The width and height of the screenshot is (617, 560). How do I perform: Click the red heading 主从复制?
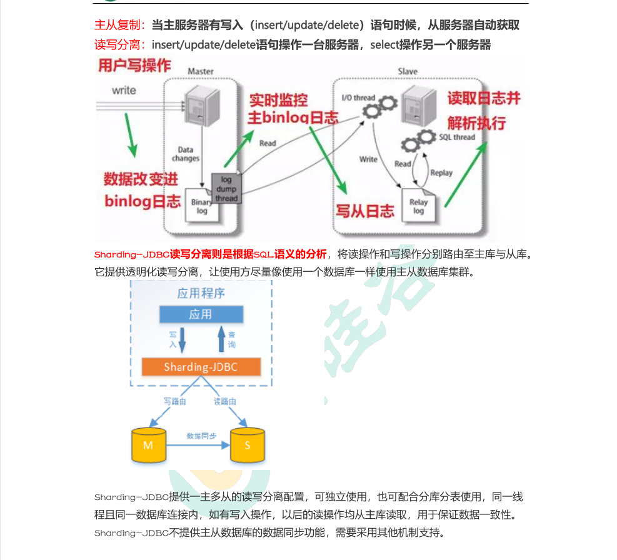coord(119,26)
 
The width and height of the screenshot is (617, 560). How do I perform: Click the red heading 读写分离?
coord(119,45)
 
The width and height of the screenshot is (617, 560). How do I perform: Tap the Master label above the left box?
coord(201,72)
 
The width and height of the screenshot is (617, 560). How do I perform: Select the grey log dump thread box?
coord(226,189)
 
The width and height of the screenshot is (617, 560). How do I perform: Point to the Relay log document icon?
coord(418,205)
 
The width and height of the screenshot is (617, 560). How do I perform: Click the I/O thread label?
coord(358,98)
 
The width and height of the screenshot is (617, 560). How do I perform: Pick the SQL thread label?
coord(457,137)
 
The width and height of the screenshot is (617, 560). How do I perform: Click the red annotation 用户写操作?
coord(134,66)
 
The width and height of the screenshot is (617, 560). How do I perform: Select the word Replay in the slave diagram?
coord(441,172)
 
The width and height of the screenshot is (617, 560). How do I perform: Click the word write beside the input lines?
coord(124,90)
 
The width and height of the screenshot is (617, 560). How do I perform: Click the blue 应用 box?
coord(200,314)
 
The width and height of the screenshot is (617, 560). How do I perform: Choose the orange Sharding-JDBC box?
coord(200,367)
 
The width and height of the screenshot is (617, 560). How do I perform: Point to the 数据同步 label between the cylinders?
coord(201,436)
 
